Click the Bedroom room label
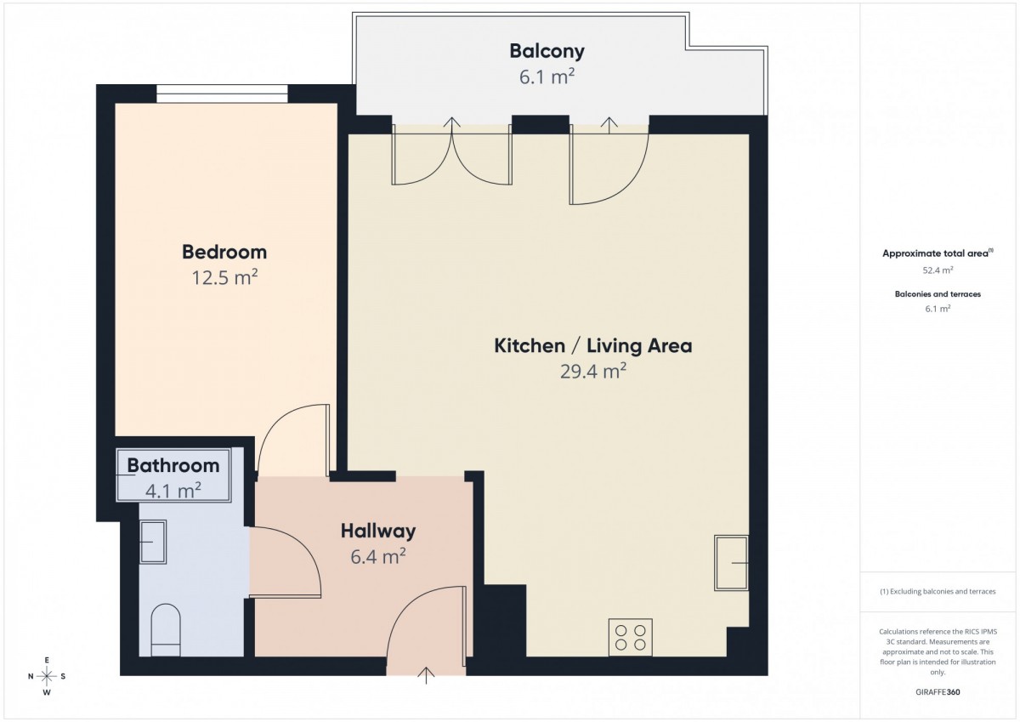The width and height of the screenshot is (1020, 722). pyautogui.click(x=224, y=252)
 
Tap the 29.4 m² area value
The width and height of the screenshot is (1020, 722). pyautogui.click(x=593, y=372)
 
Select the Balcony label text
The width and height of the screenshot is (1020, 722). pyautogui.click(x=547, y=51)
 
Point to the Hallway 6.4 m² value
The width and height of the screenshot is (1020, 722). pyautogui.click(x=378, y=556)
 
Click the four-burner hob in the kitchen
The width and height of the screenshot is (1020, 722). pyautogui.click(x=630, y=637)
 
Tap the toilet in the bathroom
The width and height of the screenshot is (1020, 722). pyautogui.click(x=165, y=630)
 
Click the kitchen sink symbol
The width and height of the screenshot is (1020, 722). pyautogui.click(x=731, y=563)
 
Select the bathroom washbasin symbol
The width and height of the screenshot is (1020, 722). pyautogui.click(x=153, y=542)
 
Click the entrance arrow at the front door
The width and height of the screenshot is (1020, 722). pyautogui.click(x=426, y=675)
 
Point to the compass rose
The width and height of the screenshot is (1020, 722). pyautogui.click(x=47, y=676)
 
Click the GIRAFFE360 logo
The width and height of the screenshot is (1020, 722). pyautogui.click(x=938, y=692)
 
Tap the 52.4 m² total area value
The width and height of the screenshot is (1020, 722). pyautogui.click(x=938, y=270)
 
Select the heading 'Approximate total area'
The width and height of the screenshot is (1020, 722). pyautogui.click(x=938, y=253)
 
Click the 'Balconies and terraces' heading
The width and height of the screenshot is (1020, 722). pyautogui.click(x=938, y=294)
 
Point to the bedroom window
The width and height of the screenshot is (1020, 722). pyautogui.click(x=222, y=94)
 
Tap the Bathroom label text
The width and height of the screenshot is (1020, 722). pyautogui.click(x=173, y=465)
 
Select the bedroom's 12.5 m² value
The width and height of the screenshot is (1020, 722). pyautogui.click(x=224, y=277)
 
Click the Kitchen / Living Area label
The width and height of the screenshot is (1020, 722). pyautogui.click(x=593, y=346)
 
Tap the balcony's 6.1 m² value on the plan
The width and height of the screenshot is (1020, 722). pyautogui.click(x=547, y=77)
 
